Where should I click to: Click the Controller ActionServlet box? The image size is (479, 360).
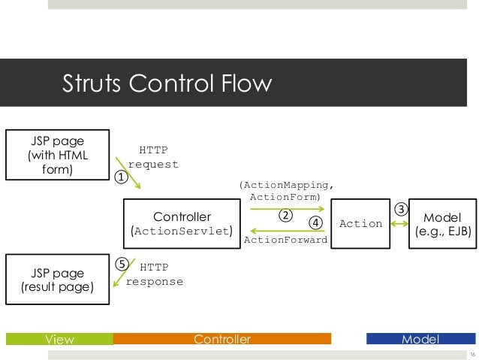click(x=182, y=223)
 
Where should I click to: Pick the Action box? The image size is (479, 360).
click(x=361, y=223)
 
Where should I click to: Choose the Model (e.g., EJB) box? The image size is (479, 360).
click(x=444, y=223)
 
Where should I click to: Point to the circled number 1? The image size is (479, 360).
click(x=119, y=177)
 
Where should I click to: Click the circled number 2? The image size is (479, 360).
click(x=285, y=215)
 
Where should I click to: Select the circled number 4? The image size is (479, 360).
click(x=315, y=222)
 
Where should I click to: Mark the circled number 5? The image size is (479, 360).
click(x=120, y=265)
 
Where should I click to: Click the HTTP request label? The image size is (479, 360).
click(x=154, y=158)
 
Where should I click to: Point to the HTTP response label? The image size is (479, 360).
click(x=154, y=274)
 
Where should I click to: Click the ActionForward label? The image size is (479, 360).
click(x=286, y=241)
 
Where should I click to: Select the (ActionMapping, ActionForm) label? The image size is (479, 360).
click(x=285, y=190)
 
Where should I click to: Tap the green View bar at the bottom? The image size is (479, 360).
click(x=59, y=339)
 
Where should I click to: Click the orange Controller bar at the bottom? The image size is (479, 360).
click(x=222, y=339)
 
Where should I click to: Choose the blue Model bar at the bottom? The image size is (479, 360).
click(x=420, y=339)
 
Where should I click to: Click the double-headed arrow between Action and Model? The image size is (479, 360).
click(x=400, y=223)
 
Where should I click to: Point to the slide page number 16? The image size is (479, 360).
click(x=471, y=354)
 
